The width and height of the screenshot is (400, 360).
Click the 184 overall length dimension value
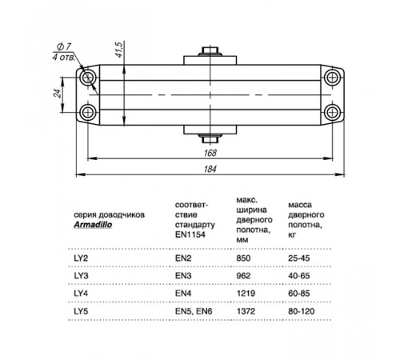click(210, 169)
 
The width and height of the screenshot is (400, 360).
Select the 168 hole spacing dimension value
click(210, 153)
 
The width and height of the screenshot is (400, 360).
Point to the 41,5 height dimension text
click(119, 50)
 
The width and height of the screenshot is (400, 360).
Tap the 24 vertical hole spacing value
click(58, 94)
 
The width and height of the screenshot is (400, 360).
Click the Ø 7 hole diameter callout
click(64, 46)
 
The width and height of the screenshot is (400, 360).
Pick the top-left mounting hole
click(88, 78)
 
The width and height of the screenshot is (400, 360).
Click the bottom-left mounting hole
click(88, 112)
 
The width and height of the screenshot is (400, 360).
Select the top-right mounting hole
click(332, 78)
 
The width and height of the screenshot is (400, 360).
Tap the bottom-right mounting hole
click(332, 112)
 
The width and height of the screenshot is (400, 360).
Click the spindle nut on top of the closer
click(210, 50)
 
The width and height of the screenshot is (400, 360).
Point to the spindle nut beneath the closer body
click(210, 139)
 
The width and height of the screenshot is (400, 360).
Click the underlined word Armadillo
click(93, 225)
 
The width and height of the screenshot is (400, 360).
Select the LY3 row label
click(81, 275)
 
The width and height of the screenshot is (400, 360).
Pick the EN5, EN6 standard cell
click(194, 311)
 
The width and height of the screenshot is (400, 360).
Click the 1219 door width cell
click(246, 294)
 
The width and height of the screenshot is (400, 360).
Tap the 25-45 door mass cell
click(299, 258)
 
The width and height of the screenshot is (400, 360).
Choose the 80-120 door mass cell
click(302, 311)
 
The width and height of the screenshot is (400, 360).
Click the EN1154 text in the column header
click(190, 234)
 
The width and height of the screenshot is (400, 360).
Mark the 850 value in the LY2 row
click(243, 258)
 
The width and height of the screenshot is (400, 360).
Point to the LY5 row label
click(81, 311)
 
